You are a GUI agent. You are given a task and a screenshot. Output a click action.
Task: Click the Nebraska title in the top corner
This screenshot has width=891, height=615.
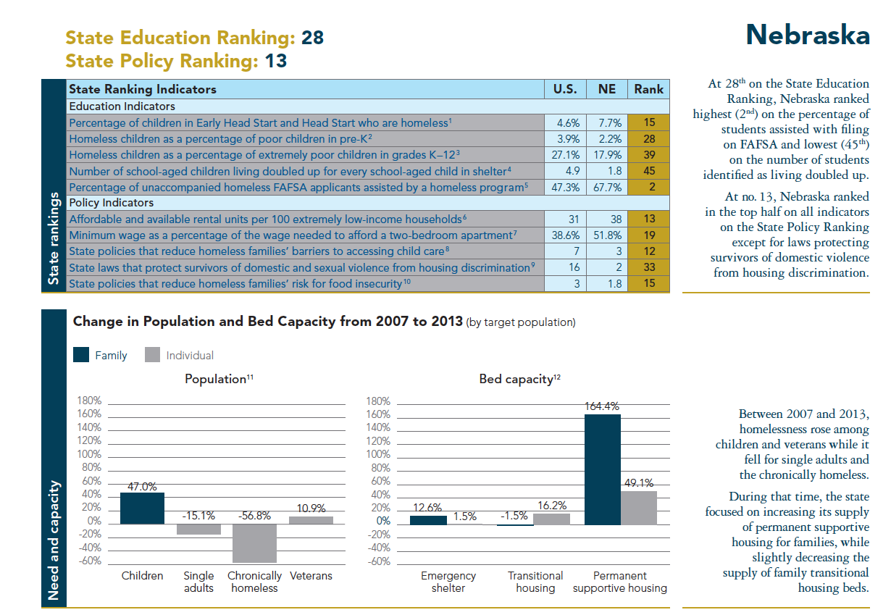click(808, 34)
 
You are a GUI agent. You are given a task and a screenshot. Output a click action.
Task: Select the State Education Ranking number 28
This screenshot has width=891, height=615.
click(312, 38)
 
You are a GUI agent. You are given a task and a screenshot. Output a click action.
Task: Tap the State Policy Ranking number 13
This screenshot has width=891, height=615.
click(276, 61)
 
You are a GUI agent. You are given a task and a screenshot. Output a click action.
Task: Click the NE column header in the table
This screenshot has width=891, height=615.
click(607, 89)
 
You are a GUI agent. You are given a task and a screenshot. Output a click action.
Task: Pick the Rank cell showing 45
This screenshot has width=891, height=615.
click(648, 171)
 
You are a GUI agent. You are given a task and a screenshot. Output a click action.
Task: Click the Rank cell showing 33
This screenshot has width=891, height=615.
click(648, 267)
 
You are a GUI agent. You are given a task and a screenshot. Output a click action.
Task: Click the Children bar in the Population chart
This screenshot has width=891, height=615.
click(142, 508)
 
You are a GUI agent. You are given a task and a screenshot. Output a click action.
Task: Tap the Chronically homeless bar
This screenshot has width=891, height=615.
click(254, 543)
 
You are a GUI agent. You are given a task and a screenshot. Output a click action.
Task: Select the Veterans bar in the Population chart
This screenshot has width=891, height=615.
click(311, 519)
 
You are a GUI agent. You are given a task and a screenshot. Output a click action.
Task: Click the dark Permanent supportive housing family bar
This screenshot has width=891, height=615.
click(602, 469)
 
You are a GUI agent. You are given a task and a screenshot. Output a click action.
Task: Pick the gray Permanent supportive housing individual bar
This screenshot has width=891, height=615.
click(639, 507)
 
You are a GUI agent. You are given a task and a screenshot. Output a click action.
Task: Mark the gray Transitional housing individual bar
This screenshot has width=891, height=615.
click(551, 519)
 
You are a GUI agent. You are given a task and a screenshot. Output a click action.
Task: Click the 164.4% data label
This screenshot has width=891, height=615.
click(602, 407)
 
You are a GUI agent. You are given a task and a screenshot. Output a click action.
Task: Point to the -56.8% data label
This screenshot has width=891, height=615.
click(254, 516)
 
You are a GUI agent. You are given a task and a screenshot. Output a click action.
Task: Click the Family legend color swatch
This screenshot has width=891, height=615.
click(81, 355)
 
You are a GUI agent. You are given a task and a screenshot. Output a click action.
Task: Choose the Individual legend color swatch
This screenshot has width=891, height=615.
click(152, 355)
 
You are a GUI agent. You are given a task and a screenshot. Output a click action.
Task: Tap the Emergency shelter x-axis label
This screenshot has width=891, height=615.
click(448, 582)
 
